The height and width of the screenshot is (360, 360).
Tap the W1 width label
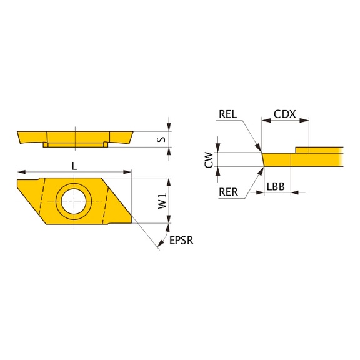click(161, 201)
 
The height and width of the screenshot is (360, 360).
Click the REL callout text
click(229, 115)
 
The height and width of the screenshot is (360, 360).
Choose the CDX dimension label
click(284, 115)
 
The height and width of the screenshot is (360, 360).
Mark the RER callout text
click(229, 192)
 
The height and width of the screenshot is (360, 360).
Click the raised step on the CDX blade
click(319, 149)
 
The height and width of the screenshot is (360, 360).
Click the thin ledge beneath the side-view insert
click(74, 145)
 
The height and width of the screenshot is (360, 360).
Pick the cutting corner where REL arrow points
click(262, 153)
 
